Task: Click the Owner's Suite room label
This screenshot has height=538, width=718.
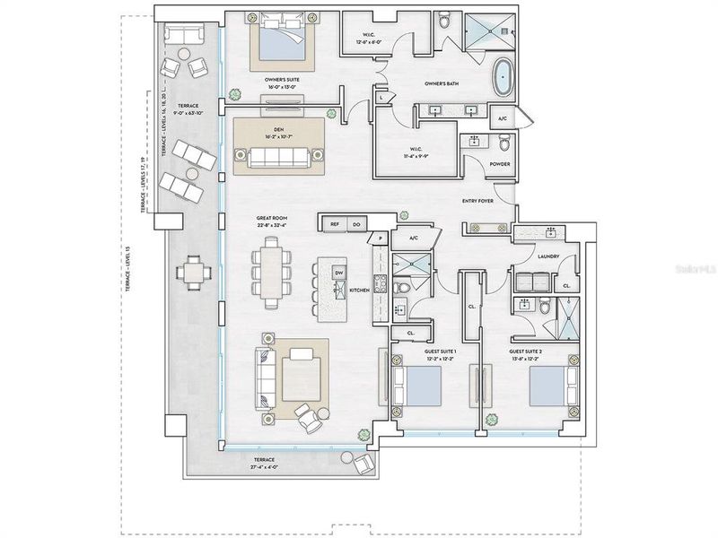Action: pos(281,79)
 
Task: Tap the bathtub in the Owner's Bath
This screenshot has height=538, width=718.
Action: pos(503,78)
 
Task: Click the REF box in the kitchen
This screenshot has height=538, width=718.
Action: pos(334,223)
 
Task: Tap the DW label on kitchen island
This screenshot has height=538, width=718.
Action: pos(338,272)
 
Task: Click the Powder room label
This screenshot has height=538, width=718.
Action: pos(500,164)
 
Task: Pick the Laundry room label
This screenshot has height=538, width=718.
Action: pos(548,256)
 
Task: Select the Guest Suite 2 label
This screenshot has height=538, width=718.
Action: pos(528,351)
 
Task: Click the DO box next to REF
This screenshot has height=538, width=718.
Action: pos(356,223)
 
